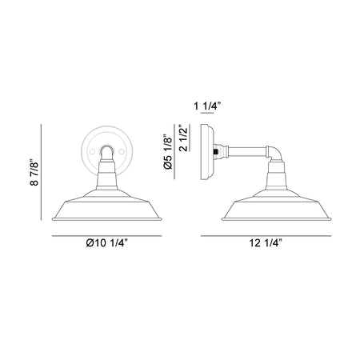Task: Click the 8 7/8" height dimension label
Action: (x=34, y=172)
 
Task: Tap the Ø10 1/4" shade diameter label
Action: (x=107, y=243)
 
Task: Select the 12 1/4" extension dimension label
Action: (x=266, y=243)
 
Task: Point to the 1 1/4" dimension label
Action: (x=208, y=106)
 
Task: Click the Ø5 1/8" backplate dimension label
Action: (x=168, y=151)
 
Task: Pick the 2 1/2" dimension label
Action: (x=184, y=138)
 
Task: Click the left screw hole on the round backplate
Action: (x=92, y=152)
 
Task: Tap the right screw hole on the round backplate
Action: (x=122, y=152)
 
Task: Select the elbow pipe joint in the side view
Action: (x=274, y=154)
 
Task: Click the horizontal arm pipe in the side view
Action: (x=247, y=151)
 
